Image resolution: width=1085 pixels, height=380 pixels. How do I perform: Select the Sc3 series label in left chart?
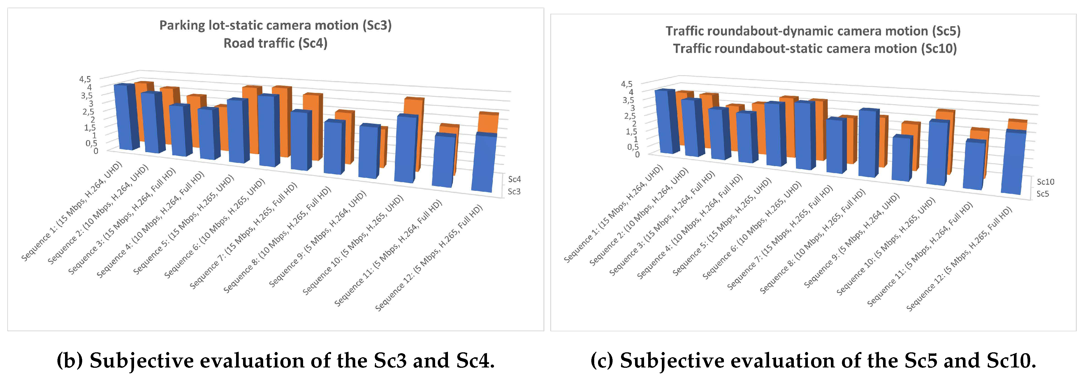point(514,191)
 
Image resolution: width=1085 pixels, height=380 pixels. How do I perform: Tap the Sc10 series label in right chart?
point(1045,182)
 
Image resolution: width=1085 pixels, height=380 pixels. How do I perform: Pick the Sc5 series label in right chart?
point(1042,194)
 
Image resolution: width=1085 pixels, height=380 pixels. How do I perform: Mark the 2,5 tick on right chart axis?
point(630,115)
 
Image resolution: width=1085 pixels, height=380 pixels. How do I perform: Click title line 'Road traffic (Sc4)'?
point(275,43)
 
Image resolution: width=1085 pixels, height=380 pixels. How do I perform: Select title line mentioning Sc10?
point(815,48)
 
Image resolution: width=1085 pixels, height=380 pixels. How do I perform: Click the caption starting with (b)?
point(275,360)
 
